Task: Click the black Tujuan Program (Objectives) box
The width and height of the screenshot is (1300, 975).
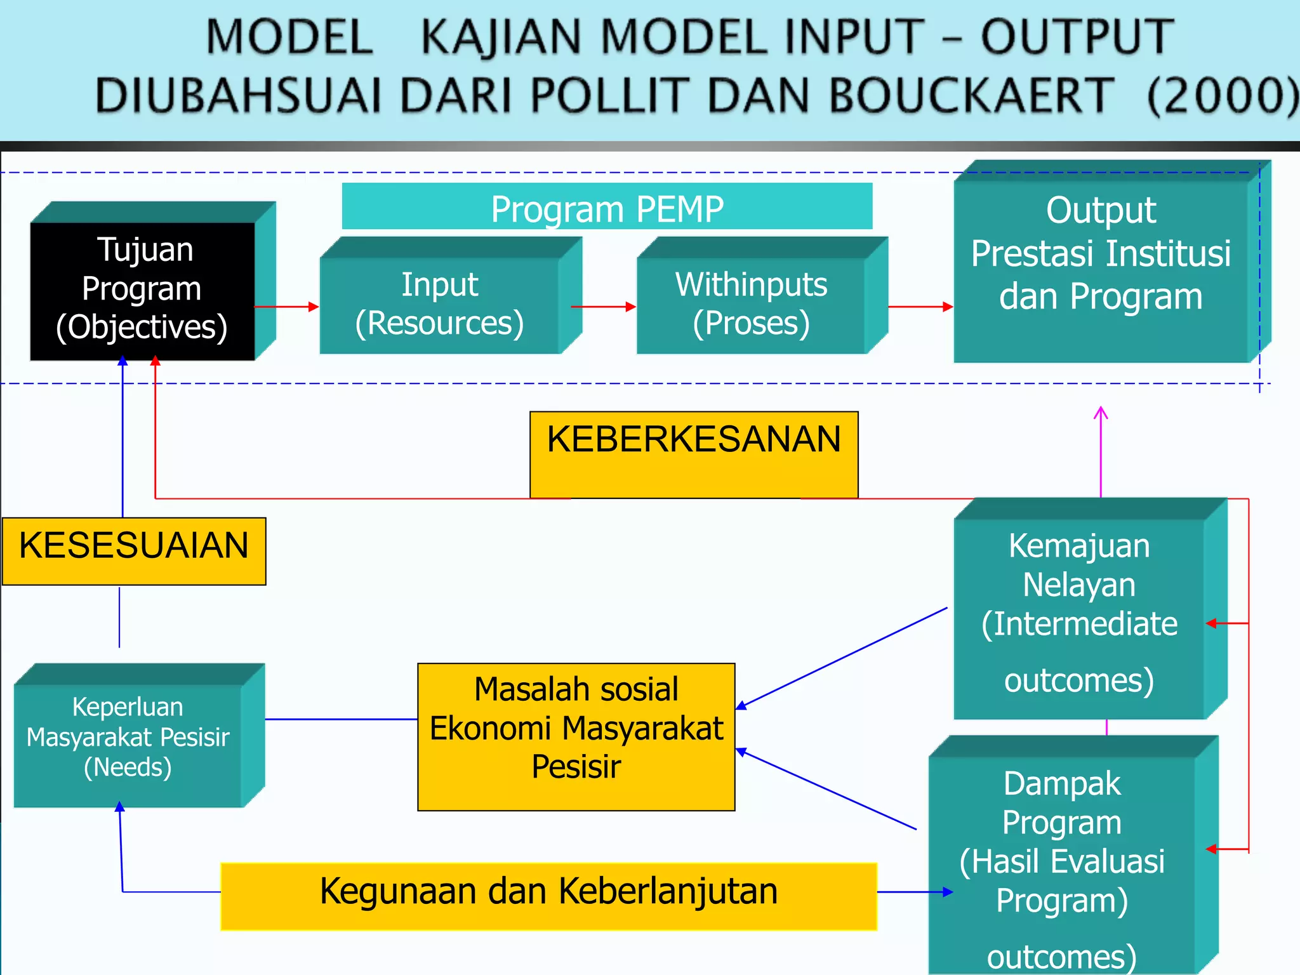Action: coord(142,291)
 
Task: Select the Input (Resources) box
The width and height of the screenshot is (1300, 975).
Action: coord(439,305)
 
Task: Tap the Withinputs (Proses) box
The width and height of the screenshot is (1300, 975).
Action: coord(751,305)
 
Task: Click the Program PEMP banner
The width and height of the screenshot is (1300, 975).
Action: coord(607,208)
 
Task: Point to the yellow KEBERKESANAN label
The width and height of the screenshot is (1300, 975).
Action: coord(694,454)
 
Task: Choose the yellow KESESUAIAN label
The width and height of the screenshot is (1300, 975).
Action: coord(134,550)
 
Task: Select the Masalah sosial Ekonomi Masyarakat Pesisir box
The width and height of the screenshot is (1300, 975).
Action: coord(576,736)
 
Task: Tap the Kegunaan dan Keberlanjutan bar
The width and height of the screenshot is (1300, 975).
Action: coord(548,896)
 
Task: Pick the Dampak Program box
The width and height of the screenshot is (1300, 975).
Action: coord(1062,863)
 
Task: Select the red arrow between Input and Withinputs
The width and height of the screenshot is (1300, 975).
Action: coord(603,307)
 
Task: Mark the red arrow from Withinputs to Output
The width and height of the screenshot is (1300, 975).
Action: coord(920,307)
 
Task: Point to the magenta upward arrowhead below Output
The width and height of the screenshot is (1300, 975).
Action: coord(1101,414)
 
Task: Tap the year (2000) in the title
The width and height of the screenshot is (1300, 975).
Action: coord(1222,95)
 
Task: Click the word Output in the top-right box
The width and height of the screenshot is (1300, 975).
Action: coord(1101,210)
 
